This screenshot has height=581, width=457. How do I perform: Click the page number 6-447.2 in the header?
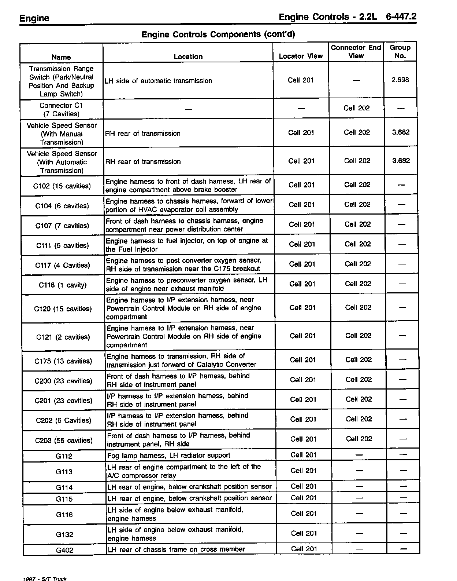tap(401, 17)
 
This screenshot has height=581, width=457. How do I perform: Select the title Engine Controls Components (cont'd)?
tap(218, 34)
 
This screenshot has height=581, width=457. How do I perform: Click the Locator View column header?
tap(301, 56)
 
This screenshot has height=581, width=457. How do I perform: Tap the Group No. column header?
tap(400, 52)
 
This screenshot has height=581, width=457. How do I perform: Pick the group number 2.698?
tap(400, 80)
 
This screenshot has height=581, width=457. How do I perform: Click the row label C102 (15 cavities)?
tap(62, 186)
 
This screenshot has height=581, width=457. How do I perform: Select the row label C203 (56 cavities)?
tap(64, 440)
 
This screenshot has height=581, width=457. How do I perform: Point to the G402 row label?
tap(64, 550)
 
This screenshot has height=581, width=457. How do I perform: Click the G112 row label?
tap(64, 456)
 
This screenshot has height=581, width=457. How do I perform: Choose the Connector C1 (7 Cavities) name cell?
tap(61, 110)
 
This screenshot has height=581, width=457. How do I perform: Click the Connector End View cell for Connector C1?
tap(357, 108)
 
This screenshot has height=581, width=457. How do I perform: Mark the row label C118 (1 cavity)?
tap(63, 285)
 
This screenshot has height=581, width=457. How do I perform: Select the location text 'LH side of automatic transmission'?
tap(159, 81)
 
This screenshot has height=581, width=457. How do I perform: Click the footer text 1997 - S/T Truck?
tap(45, 578)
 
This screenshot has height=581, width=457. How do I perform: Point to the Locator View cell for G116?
tap(304, 514)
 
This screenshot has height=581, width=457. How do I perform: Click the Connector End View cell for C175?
tap(358, 360)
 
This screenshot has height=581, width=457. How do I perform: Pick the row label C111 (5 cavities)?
tap(62, 245)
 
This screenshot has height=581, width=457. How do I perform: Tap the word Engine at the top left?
tap(34, 18)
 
